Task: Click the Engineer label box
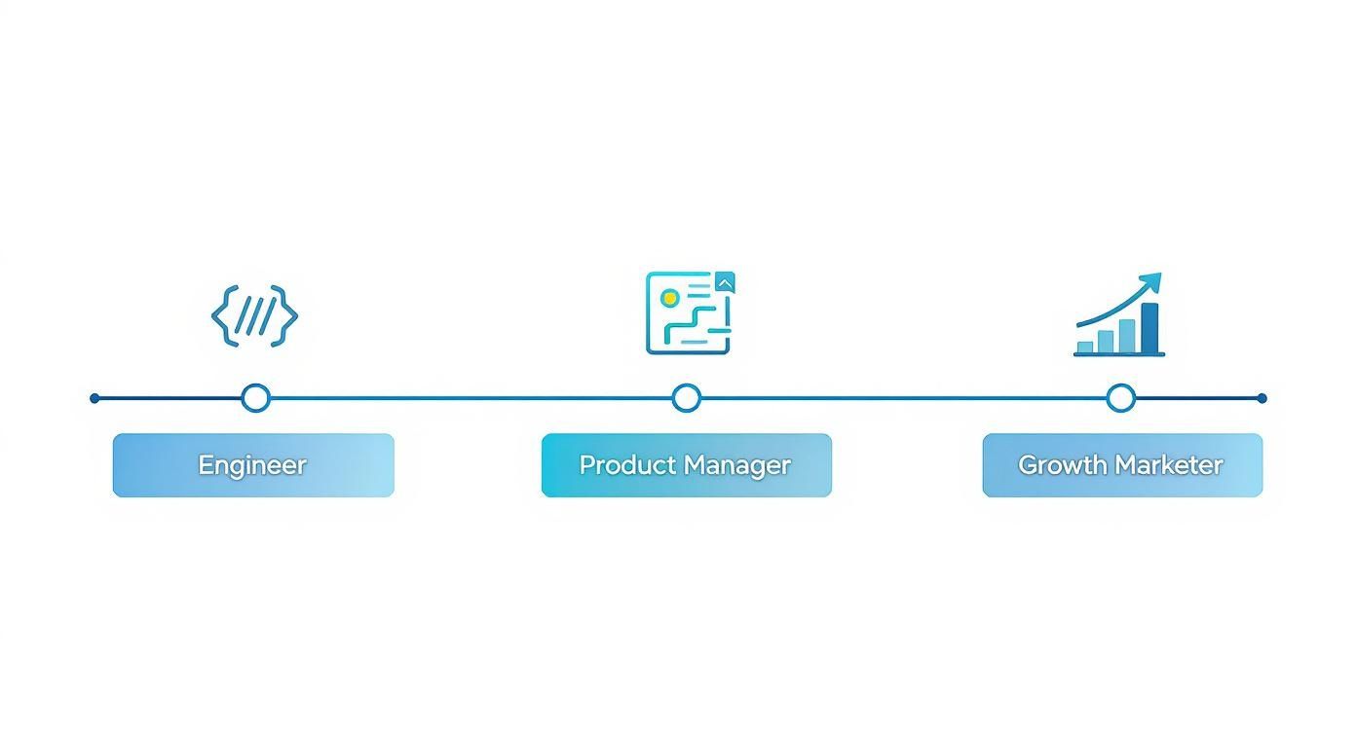(253, 465)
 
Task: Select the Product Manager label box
(686, 465)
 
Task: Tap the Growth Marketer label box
(1121, 465)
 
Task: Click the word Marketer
(1173, 465)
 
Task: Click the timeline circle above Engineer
(255, 398)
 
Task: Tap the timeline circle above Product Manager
(687, 398)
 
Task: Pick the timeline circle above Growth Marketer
(1121, 398)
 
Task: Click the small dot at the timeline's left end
(94, 398)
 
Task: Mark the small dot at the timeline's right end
(1262, 398)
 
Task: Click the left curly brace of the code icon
(223, 315)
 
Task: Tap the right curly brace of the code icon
(285, 315)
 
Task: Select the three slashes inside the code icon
(254, 316)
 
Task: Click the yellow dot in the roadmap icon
(669, 298)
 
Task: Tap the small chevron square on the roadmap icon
(725, 282)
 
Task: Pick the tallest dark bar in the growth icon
(1149, 328)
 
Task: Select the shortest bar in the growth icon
(1085, 348)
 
